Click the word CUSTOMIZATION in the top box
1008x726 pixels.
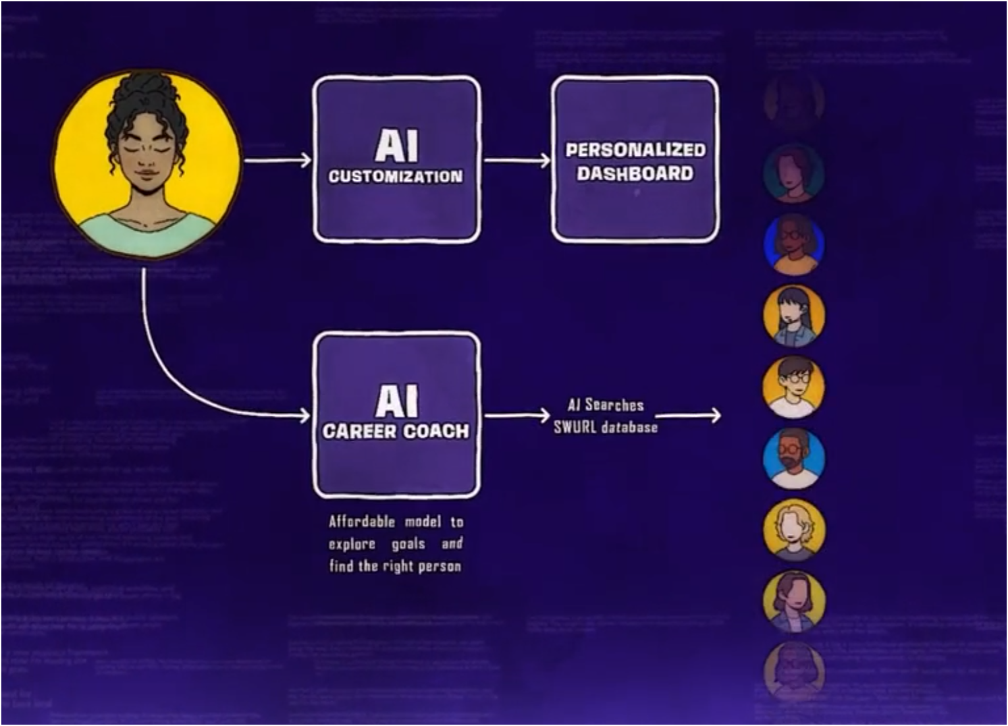coord(396,177)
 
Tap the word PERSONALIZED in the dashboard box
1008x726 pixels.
coord(635,150)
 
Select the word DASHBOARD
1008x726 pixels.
coord(635,173)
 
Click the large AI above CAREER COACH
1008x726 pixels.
coord(396,401)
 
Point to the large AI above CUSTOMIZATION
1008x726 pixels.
coord(396,145)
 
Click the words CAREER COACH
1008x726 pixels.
coord(396,431)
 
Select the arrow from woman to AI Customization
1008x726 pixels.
coord(277,161)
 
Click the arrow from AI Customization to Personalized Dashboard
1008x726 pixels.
coord(516,161)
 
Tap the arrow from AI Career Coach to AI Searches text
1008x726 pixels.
coord(516,416)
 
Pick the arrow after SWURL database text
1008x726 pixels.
coord(688,415)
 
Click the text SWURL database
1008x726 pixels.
coord(606,427)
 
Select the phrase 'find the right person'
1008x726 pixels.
coord(395,566)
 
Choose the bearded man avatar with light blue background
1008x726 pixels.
coord(794,458)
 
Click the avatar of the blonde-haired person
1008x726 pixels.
coord(794,530)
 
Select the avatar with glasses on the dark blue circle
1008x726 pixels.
coord(794,244)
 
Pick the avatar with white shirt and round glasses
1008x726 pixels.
coord(794,387)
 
